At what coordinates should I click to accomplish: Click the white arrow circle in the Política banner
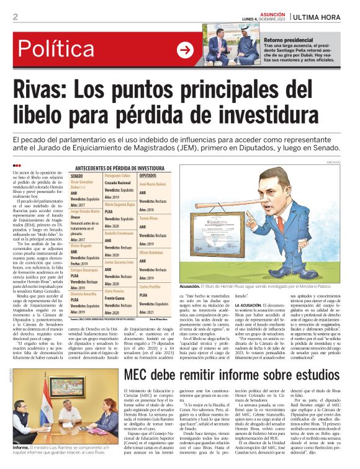(x=185, y=49)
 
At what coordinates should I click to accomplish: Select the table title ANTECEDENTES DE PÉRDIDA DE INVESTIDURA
(x=120, y=168)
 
